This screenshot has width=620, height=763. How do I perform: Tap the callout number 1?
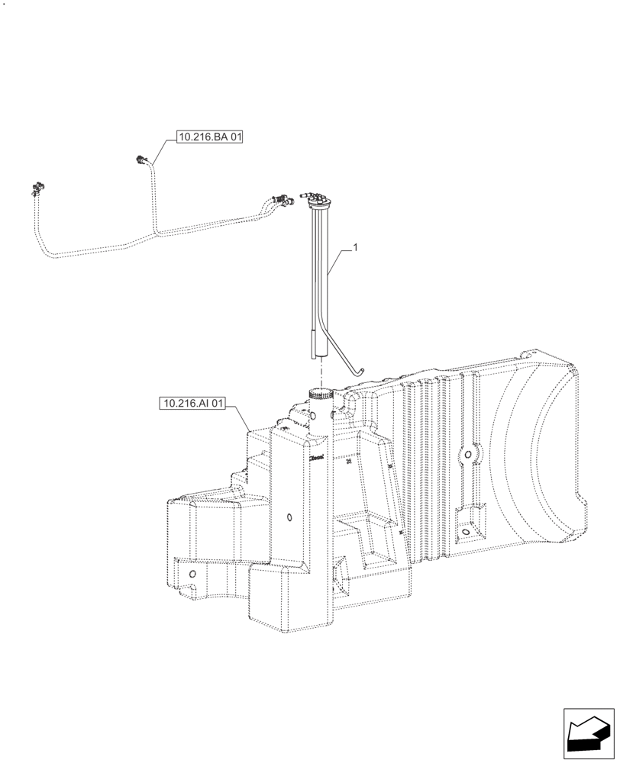click(355, 248)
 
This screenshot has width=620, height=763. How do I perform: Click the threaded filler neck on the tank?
click(321, 395)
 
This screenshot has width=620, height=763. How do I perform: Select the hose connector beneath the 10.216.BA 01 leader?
click(141, 160)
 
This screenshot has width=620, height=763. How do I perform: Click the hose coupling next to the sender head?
click(283, 200)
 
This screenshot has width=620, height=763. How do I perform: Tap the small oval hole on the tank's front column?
click(289, 518)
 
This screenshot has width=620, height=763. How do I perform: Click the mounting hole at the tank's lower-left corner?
click(192, 573)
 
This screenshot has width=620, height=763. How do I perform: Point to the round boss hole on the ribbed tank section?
click(466, 456)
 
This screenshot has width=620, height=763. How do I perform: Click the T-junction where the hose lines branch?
click(155, 227)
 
